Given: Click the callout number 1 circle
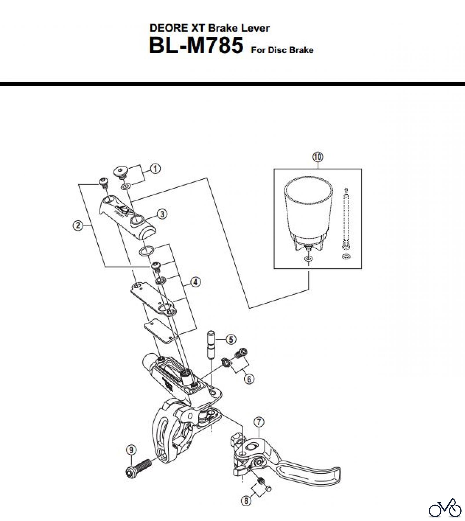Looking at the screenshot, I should pos(155,168).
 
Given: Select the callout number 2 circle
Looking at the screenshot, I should pos(78,225).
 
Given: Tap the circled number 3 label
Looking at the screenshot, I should pos(162,214).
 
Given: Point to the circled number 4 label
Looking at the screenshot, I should pos(196,282).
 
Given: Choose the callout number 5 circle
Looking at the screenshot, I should pos(231,339).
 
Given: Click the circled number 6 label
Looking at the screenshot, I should pos(249,379).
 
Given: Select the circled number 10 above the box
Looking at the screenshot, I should pos(318,157).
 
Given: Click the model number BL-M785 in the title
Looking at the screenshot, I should pos(196,46).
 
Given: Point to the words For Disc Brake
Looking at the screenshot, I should pos(282,50).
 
